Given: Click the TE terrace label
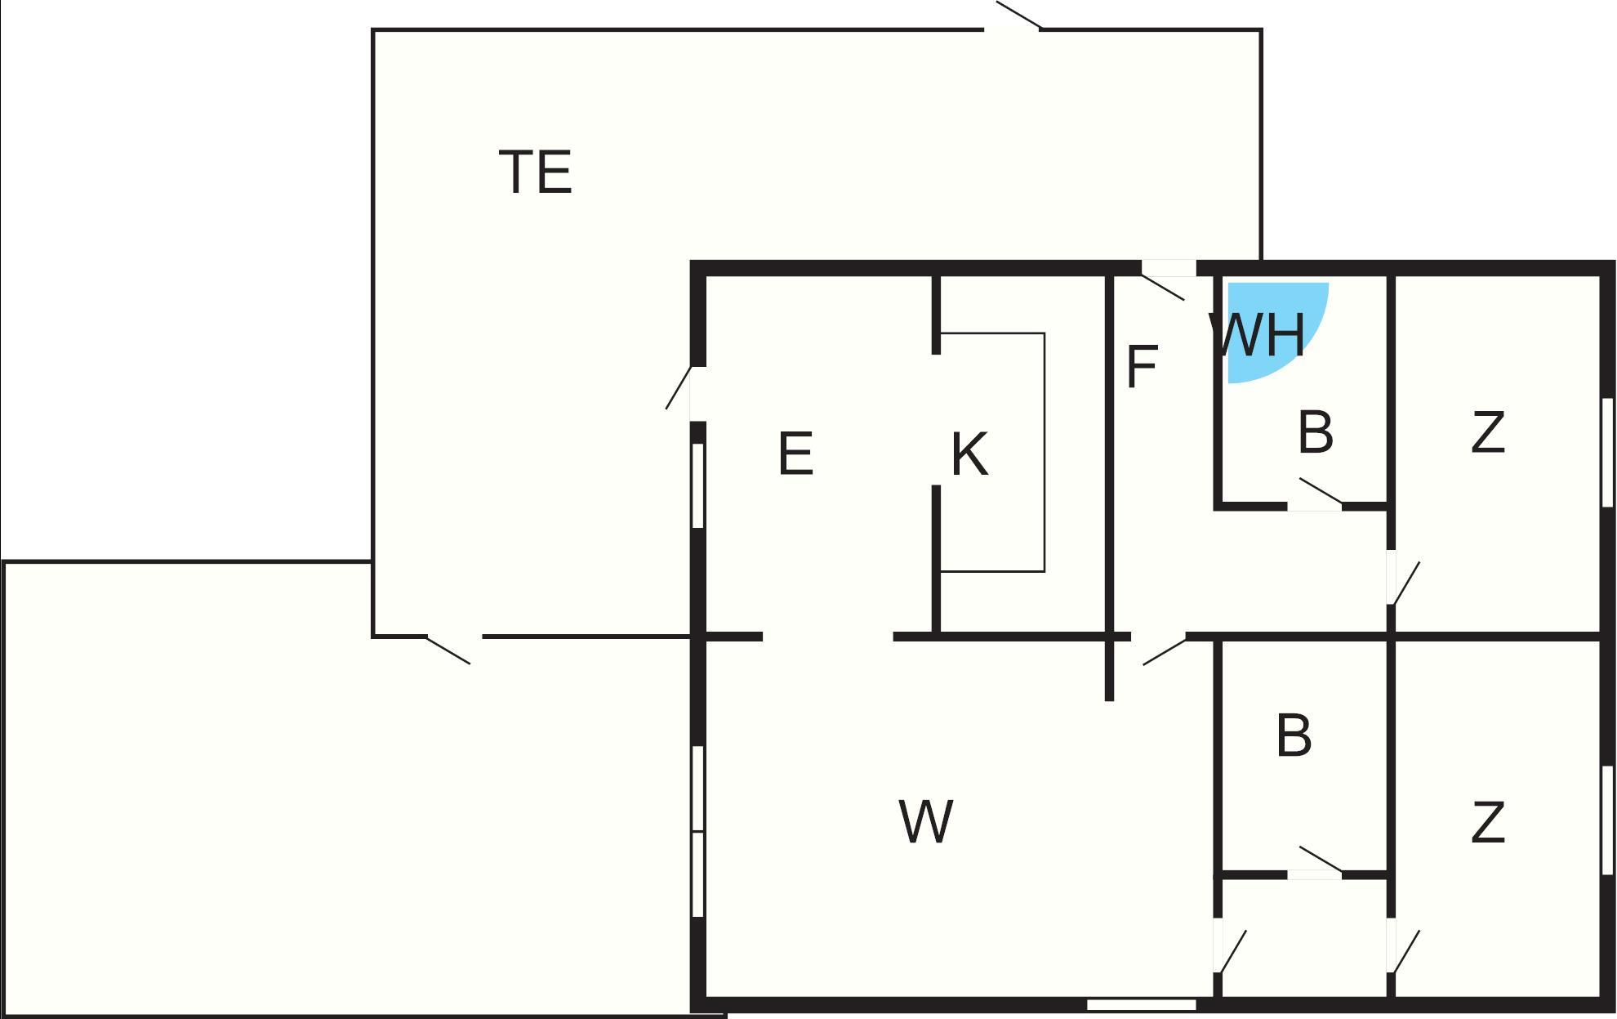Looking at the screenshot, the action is click(535, 172).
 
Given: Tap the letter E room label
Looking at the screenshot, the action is click(795, 454).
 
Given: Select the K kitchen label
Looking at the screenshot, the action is click(969, 454).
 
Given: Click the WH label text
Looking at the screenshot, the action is click(1258, 334).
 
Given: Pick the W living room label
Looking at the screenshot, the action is click(925, 821).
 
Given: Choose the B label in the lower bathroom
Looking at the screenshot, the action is click(1293, 735).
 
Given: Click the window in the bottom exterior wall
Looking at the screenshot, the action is click(1142, 1004).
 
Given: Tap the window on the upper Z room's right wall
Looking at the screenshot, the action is click(1607, 453).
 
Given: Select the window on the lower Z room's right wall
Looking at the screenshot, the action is click(1607, 820).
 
